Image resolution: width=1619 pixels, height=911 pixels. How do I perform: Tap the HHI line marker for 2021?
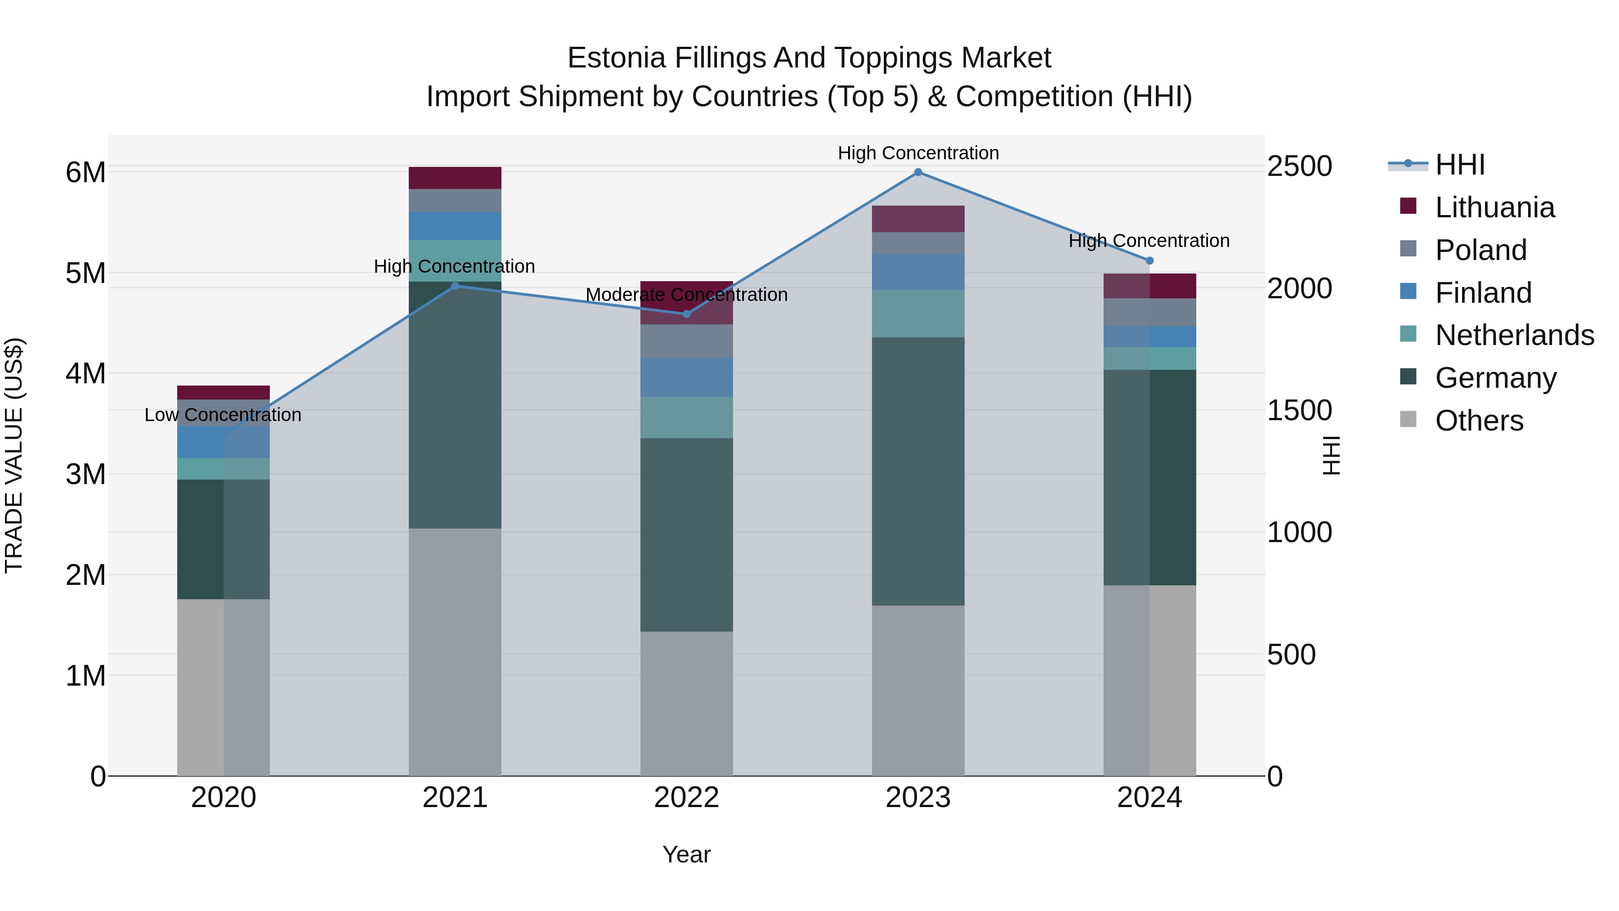(455, 286)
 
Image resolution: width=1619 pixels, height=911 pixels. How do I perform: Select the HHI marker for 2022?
(686, 314)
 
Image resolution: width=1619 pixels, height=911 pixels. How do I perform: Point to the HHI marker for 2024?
(1149, 260)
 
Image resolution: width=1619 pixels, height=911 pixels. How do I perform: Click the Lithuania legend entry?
(1494, 207)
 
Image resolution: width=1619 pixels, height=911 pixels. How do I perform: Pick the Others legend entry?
(1479, 421)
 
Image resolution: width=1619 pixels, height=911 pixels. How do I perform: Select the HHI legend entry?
(1459, 165)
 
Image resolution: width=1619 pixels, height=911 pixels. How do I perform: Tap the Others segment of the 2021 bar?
(455, 652)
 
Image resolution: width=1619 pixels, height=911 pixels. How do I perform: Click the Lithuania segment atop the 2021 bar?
(455, 178)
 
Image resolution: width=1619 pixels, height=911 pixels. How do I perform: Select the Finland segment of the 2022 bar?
(686, 378)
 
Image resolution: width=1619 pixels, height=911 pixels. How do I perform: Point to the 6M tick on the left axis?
(85, 172)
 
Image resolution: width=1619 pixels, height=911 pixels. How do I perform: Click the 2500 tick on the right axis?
(1299, 166)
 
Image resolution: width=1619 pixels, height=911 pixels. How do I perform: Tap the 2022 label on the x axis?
(686, 798)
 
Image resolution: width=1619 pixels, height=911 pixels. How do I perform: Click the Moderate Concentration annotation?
(686, 294)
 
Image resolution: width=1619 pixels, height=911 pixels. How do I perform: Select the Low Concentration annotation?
(223, 415)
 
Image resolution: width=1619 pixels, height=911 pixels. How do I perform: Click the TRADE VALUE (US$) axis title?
(14, 455)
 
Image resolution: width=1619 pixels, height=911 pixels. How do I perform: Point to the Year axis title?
(686, 854)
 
